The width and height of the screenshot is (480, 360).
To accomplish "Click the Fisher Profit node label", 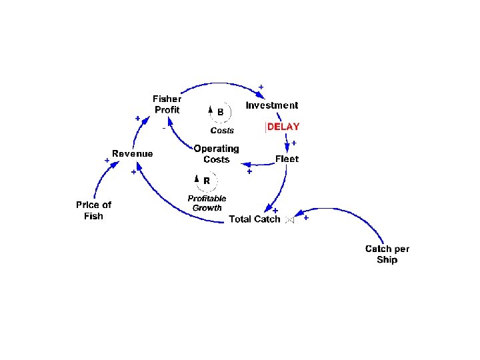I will pos(167,105).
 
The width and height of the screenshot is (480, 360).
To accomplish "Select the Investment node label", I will pos(272,105).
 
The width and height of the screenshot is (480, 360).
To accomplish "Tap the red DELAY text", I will pos(283,127).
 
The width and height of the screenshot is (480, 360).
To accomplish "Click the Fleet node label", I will pos(287,159).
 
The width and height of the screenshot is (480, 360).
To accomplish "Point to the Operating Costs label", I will pos(216,154).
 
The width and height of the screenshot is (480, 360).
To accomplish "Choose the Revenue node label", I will pos(132,154).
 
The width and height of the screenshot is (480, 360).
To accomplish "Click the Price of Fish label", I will pos(93,210).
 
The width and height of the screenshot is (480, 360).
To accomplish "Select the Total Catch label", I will pos(255,219).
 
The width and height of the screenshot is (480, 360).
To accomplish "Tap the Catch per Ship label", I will pos(387,254).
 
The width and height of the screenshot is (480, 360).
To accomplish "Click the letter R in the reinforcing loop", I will pos(207,181).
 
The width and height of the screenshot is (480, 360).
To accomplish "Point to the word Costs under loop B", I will pos(222,131).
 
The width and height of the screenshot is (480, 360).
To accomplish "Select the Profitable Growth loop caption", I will pos(207,203).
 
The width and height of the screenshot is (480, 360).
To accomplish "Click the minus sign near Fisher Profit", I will pos(164,128).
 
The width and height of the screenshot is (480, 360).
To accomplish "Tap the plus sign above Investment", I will pos(261,87).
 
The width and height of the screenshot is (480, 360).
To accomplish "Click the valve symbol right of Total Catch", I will pos(289,219).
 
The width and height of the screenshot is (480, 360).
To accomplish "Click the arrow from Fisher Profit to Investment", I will pos(220,84).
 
